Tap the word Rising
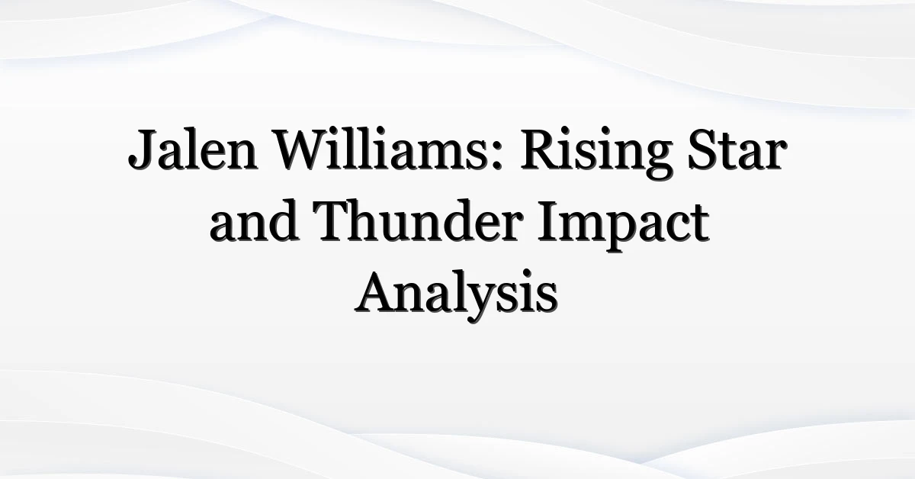click(x=596, y=153)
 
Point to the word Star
click(x=736, y=149)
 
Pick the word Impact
click(x=624, y=226)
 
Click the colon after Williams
click(x=496, y=156)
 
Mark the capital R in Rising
click(x=541, y=149)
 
